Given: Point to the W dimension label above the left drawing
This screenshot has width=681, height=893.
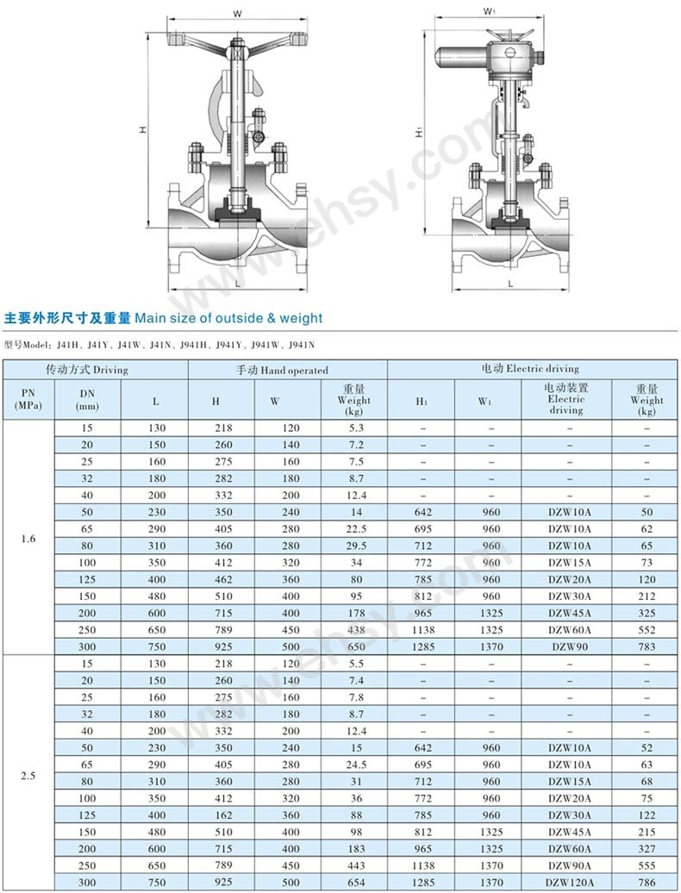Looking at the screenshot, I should (x=236, y=13).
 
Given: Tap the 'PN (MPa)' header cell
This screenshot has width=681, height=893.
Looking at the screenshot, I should (x=28, y=399).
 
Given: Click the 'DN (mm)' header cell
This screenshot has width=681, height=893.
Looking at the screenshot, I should (x=87, y=399).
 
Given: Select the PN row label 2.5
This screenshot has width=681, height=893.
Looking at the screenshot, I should (x=28, y=776).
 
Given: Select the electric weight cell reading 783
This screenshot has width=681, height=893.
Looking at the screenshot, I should (x=647, y=646).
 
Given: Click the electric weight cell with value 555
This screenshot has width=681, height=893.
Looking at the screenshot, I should (x=647, y=865).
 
